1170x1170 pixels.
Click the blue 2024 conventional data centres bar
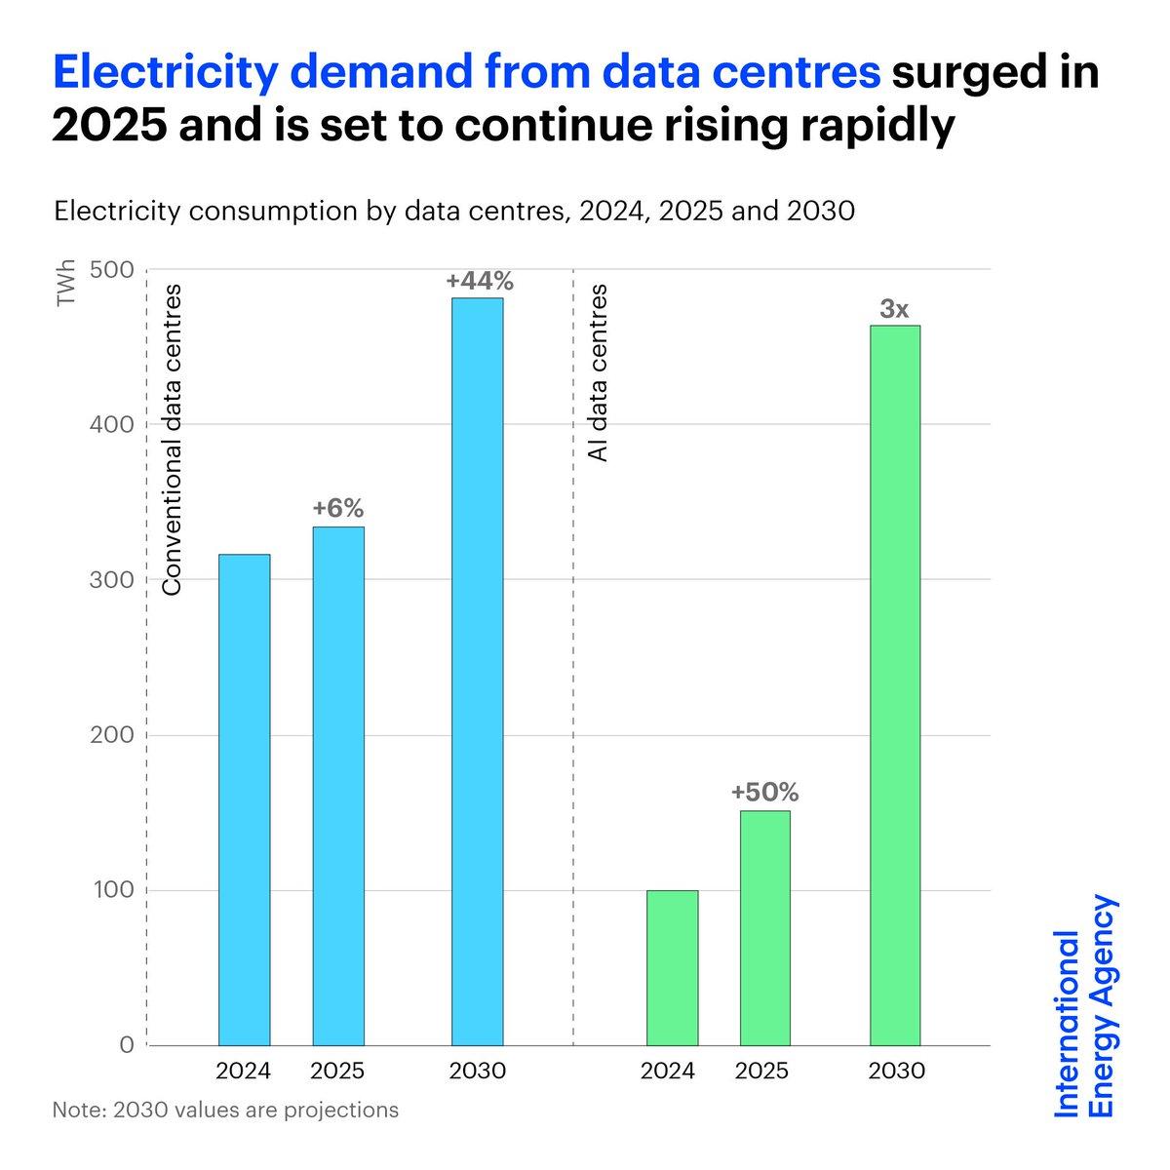[x=244, y=799]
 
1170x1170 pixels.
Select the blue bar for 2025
[x=337, y=786]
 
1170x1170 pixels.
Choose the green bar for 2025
[x=764, y=927]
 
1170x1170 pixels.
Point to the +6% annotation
[x=337, y=508]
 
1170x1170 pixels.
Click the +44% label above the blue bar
[x=479, y=281]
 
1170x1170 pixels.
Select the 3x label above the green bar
[x=894, y=309]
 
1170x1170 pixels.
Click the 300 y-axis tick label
[x=111, y=580]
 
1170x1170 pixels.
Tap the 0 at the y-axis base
[x=126, y=1045]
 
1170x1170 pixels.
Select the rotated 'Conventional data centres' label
[x=173, y=440]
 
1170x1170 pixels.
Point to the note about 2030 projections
[x=226, y=1110]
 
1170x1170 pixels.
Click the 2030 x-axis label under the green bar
[x=895, y=1071]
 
